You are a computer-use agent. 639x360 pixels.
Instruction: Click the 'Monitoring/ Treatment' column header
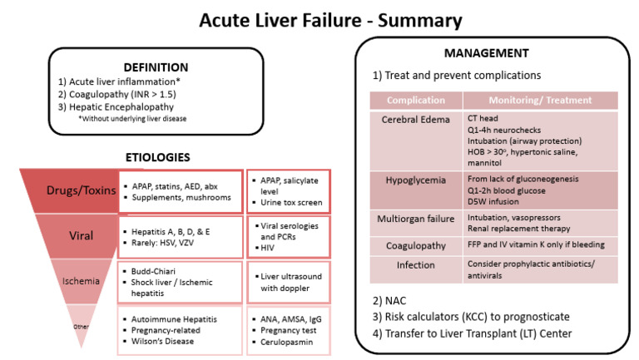539,100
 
